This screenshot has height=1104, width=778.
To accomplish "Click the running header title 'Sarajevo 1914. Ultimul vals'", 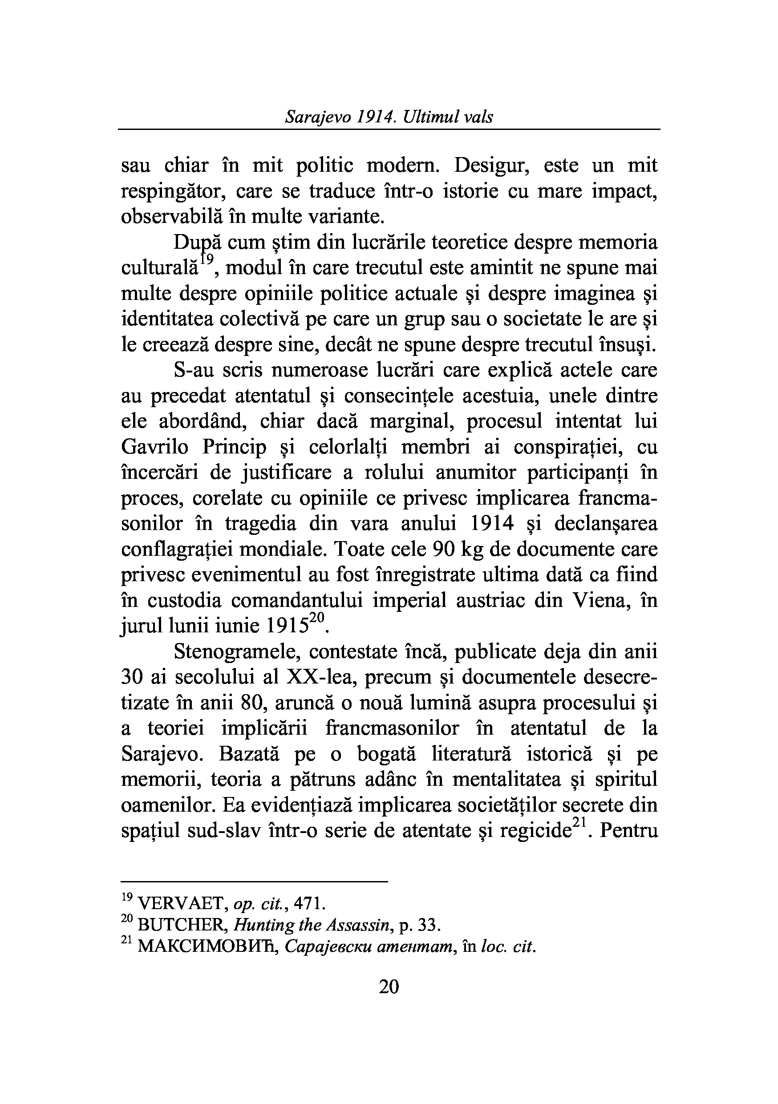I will coord(389,117).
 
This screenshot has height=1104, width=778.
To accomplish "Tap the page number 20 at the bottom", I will coord(389,986).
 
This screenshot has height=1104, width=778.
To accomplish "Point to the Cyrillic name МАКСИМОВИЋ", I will coord(207,947).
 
